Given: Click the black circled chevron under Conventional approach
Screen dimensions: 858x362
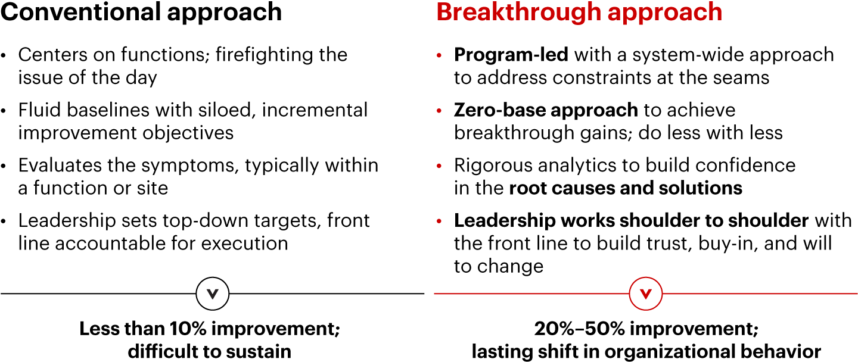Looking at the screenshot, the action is coord(213,294).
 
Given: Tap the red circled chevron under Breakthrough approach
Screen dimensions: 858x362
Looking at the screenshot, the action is coord(646,294).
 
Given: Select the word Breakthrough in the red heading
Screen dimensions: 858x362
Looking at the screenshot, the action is coord(518,13).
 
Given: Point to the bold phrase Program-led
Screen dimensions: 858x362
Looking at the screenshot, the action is coord(511,54).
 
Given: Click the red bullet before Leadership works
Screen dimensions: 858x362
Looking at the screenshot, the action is coord(439,221).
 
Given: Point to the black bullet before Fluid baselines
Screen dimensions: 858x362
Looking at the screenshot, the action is coord(4,111).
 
